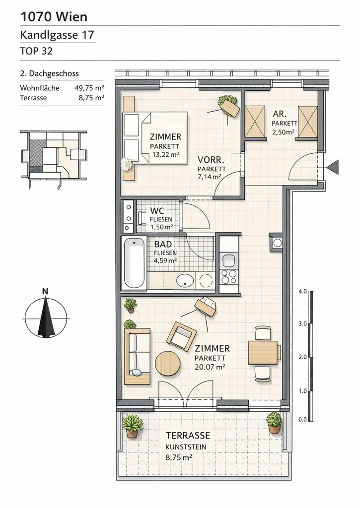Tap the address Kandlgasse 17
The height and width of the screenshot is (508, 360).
coord(57,35)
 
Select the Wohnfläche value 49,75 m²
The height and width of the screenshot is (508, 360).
coord(89,88)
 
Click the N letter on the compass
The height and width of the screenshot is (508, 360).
coord(45,292)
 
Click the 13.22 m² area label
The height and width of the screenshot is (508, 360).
coord(164,154)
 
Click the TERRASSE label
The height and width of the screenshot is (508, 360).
coord(188,436)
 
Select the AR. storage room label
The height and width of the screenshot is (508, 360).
coord(280,114)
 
